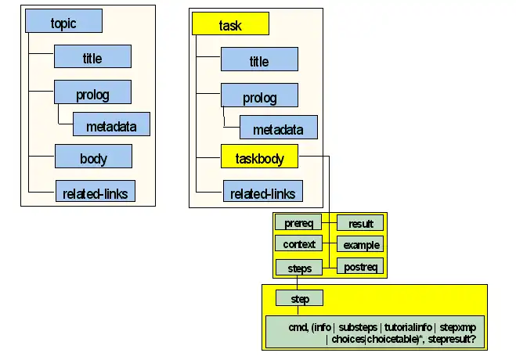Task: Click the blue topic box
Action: (64, 22)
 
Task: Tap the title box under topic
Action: (92, 57)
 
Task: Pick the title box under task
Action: (259, 60)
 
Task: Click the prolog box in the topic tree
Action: (92, 94)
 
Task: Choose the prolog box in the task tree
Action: (259, 97)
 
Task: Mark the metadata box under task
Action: (279, 128)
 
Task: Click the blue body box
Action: (93, 157)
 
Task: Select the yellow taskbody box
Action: (259, 159)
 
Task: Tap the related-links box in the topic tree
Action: (96, 190)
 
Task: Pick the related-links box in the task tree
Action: (262, 193)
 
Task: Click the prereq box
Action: (299, 223)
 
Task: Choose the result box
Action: (360, 224)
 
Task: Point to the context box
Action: (299, 244)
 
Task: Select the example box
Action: (360, 245)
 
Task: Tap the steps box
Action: (299, 268)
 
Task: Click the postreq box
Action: (360, 267)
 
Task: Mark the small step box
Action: (299, 298)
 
